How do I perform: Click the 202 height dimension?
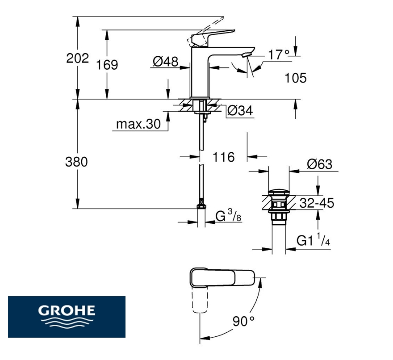77,58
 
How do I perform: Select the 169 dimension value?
107,65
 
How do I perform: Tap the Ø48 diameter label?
165,62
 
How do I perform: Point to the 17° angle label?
279,54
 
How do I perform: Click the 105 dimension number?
296,78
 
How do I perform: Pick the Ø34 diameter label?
240,111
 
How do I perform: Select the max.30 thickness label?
138,124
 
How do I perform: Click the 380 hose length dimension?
76,162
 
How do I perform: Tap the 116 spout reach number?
224,157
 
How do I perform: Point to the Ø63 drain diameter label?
319,164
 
